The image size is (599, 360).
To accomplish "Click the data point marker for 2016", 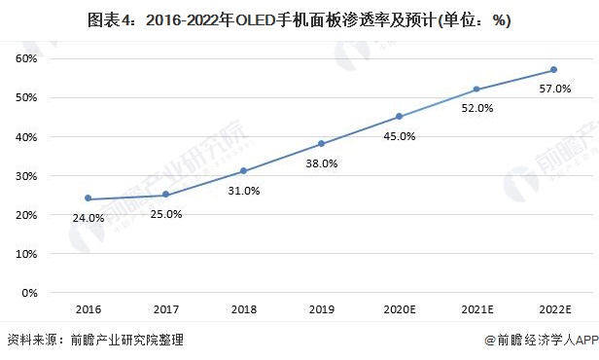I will click(x=88, y=198).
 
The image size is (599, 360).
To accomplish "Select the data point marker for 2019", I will click(x=321, y=144).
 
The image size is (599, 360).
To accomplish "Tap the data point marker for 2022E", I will click(x=553, y=70).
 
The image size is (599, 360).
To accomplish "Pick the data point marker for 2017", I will click(x=165, y=195).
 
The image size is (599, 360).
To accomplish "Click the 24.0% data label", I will click(x=88, y=218).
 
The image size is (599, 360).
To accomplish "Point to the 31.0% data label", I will click(x=244, y=191).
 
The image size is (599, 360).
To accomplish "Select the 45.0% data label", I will click(x=399, y=136).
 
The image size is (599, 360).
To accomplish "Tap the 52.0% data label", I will click(x=476, y=109).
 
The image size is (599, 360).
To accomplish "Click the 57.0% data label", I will click(x=553, y=90).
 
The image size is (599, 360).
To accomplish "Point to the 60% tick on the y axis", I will click(x=24, y=58).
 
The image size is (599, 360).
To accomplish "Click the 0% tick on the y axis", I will click(x=28, y=292).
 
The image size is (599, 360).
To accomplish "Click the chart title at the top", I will click(x=299, y=19).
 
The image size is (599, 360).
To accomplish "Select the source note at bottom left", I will click(x=94, y=341).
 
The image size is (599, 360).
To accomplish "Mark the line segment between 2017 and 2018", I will click(x=204, y=183).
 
